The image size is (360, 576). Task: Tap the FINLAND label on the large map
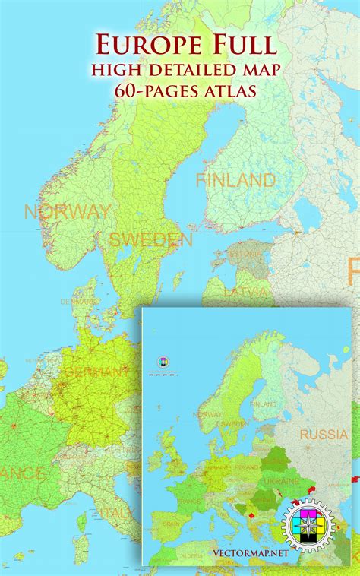pyautogui.click(x=235, y=181)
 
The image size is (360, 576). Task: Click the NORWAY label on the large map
pyautogui.click(x=68, y=211)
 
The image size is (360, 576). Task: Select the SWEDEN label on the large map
pyautogui.click(x=150, y=240)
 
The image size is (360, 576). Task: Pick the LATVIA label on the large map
pyautogui.click(x=245, y=292)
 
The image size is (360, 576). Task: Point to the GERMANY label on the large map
pyautogui.click(x=98, y=372)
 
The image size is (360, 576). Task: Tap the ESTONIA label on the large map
pyautogui.click(x=245, y=254)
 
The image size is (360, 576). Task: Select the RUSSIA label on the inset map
pyautogui.click(x=324, y=435)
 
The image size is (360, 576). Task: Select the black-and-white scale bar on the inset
pyautogui.click(x=162, y=373)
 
